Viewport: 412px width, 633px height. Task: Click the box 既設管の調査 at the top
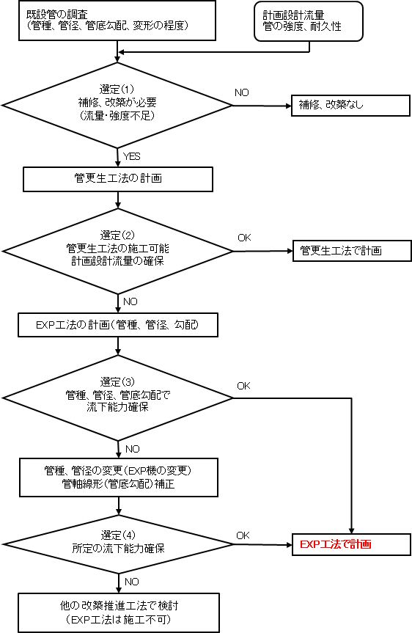[117, 21]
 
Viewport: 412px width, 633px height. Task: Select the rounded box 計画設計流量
[309, 21]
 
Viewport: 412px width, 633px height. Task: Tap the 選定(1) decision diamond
[117, 106]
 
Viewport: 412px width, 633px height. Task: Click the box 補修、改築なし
[350, 106]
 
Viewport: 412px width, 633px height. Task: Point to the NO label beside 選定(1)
[242, 92]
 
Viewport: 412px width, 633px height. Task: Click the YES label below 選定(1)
[131, 156]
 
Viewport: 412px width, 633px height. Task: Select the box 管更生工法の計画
[118, 179]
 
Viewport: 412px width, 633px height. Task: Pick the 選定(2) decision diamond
[117, 251]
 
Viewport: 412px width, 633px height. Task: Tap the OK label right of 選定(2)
[244, 238]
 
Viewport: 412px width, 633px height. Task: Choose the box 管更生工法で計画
[352, 251]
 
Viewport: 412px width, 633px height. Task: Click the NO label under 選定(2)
[130, 301]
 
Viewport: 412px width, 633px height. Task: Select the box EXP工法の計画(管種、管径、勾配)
[118, 325]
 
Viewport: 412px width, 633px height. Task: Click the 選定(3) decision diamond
[117, 398]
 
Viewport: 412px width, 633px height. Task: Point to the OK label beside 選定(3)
[243, 386]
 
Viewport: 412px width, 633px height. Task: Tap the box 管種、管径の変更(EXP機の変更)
[119, 478]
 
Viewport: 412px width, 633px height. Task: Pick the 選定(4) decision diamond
[118, 544]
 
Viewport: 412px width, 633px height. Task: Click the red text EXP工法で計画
[335, 544]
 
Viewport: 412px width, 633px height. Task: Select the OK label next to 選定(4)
[243, 535]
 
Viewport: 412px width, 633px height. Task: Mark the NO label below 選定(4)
[132, 582]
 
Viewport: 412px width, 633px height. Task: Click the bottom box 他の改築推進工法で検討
[119, 612]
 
